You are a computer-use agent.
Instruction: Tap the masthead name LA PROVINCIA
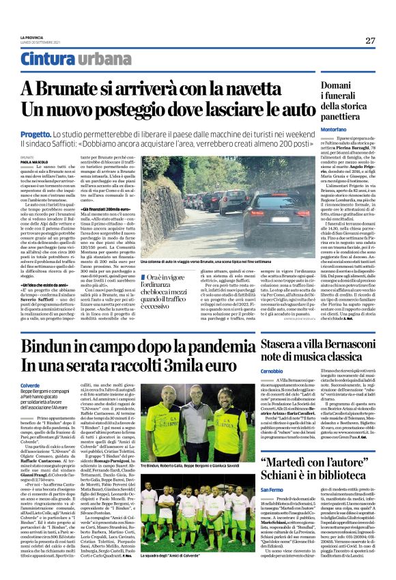tap(32, 37)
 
